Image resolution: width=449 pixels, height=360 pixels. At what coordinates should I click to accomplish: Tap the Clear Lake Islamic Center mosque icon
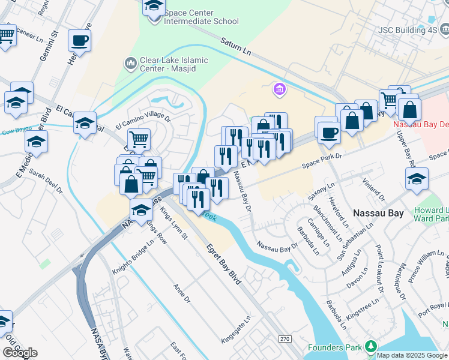click(x=130, y=63)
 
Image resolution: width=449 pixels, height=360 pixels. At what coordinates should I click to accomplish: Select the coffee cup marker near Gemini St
click(x=79, y=41)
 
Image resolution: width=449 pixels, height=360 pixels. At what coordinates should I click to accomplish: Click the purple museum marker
click(x=279, y=90)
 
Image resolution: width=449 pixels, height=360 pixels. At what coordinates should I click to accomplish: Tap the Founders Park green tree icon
click(x=371, y=347)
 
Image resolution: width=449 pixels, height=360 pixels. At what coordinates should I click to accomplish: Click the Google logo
click(x=20, y=353)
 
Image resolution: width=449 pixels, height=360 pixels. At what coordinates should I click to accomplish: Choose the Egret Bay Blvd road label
click(x=223, y=263)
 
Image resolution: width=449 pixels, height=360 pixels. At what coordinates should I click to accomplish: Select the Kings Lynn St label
click(x=174, y=227)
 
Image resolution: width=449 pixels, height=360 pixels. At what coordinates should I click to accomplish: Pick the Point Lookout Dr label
click(x=379, y=269)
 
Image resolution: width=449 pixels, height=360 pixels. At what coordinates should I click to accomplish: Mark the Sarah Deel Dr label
click(x=46, y=182)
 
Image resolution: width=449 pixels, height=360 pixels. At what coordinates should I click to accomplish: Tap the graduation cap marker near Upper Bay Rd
click(x=417, y=179)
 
